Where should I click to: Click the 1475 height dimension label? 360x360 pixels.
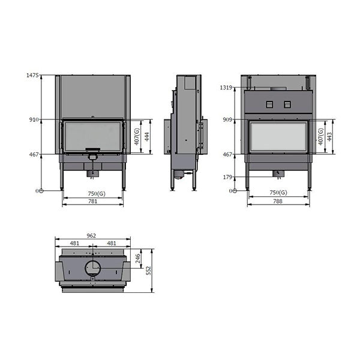(x=32, y=76)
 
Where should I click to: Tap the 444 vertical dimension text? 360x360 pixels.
(x=146, y=137)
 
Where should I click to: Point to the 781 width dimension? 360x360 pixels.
(x=93, y=202)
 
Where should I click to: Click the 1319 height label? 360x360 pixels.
(x=226, y=88)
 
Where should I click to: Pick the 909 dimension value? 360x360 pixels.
(x=227, y=119)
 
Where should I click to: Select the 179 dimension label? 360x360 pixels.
(x=227, y=177)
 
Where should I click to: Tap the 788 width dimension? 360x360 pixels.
(x=278, y=202)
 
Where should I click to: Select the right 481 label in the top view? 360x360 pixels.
(x=111, y=244)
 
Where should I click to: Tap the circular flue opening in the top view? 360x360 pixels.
(x=93, y=268)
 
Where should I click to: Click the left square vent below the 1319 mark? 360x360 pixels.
(x=269, y=104)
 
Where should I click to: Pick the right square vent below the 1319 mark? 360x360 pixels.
(x=287, y=104)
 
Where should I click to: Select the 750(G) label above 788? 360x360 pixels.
(x=278, y=193)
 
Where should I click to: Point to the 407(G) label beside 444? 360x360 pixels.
(x=137, y=137)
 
